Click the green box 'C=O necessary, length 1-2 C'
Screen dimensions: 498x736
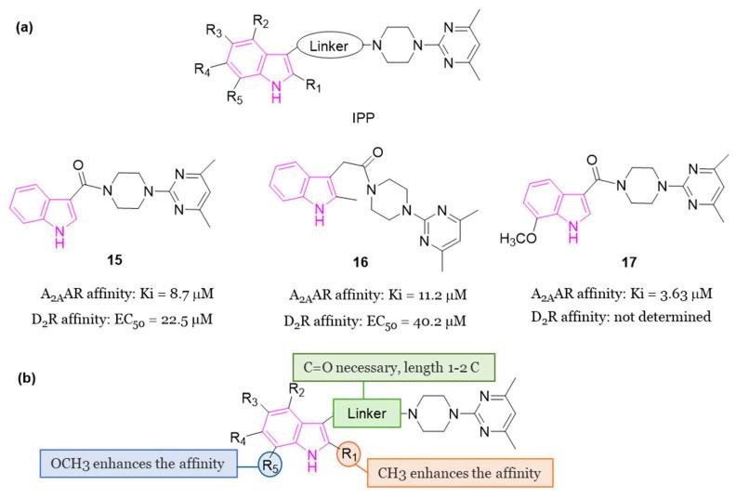click(x=401, y=364)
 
